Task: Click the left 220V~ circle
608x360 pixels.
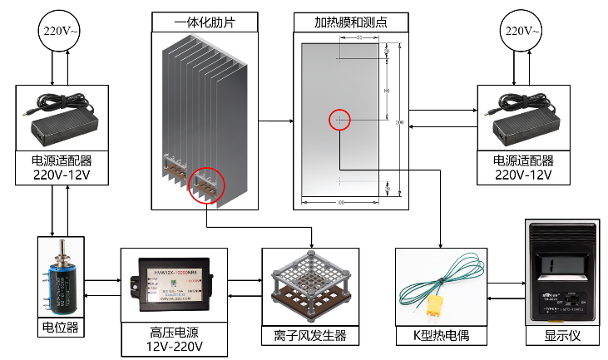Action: point(62,32)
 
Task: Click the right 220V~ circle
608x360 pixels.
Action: point(523,32)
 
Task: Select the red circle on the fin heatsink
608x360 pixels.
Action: point(207,185)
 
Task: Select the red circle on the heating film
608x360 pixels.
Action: point(340,120)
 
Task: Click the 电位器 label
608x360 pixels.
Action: point(62,327)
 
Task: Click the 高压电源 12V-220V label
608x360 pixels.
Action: point(173,338)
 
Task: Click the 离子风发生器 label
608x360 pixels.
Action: point(309,336)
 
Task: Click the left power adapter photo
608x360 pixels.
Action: point(62,117)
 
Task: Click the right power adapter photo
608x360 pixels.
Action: point(523,117)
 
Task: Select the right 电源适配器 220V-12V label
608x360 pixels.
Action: point(523,168)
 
